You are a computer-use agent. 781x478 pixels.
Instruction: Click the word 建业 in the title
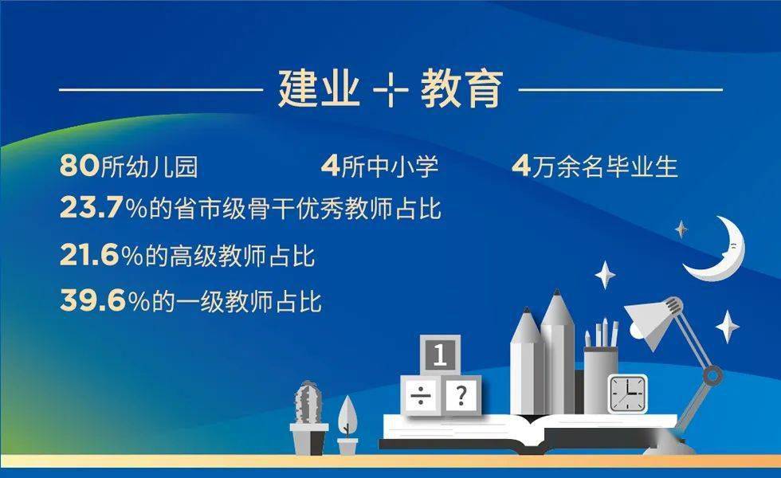319,88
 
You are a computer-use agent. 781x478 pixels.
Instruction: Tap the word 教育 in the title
462,88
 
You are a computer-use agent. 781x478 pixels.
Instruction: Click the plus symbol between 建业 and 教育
390,90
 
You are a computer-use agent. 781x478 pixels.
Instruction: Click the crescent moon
721,253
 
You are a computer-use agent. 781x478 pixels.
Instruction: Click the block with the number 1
439,355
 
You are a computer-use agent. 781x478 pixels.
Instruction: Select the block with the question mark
462,394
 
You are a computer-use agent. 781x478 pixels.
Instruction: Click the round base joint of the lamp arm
712,374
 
